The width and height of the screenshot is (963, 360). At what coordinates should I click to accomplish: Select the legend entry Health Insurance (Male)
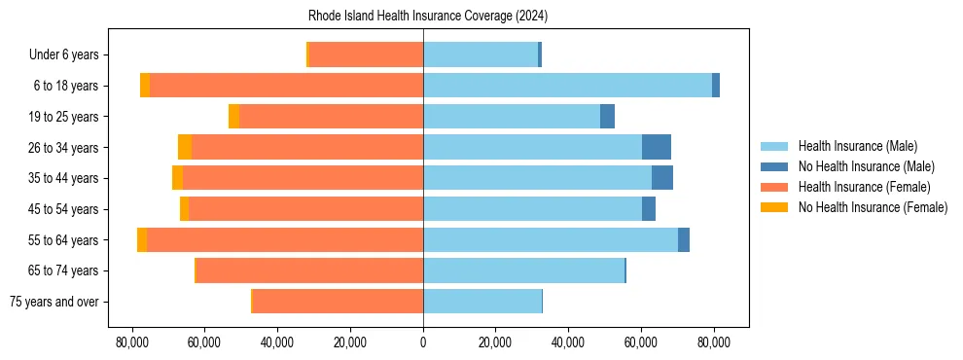coord(856,146)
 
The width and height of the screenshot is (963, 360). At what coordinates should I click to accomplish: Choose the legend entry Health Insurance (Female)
coord(864,187)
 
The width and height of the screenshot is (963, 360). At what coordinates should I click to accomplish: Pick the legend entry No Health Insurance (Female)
coord(873,207)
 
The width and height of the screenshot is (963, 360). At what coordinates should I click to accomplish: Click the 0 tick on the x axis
coord(423,342)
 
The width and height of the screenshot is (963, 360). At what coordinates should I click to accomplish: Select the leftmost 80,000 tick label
coord(131,342)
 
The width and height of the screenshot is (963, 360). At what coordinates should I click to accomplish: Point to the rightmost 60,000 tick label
coord(641,342)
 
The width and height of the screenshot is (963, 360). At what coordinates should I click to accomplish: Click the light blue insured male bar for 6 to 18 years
coord(567,86)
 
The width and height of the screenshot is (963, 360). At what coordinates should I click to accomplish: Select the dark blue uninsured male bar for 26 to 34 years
coord(657,147)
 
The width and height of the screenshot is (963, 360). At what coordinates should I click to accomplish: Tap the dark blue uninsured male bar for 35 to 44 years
coord(662,178)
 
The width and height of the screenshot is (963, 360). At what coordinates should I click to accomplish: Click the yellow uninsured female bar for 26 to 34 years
coord(185,147)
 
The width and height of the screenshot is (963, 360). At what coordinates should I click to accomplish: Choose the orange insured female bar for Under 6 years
coord(366,54)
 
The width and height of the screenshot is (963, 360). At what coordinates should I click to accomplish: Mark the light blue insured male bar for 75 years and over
coord(482,302)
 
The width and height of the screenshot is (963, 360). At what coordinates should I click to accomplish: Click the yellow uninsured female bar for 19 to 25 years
coord(233,117)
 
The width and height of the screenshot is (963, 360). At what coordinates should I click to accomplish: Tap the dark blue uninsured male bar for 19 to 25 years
coord(607,117)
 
